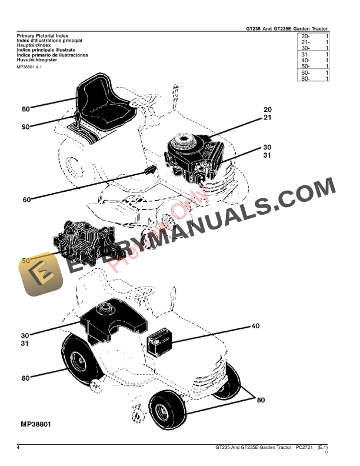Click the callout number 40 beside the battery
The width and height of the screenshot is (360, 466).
[x=255, y=326]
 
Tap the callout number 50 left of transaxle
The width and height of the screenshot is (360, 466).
[x=25, y=261]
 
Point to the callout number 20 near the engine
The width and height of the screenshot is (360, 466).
[x=268, y=110]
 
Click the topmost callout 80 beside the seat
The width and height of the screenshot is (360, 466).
[x=25, y=109]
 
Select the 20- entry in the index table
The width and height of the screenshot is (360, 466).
[x=305, y=36]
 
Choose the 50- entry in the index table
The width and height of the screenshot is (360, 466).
[x=305, y=66]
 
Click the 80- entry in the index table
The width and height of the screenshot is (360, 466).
[x=305, y=78]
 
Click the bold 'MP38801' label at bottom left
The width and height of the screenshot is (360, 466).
[x=37, y=424]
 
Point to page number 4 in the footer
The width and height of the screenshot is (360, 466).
[x=19, y=448]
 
